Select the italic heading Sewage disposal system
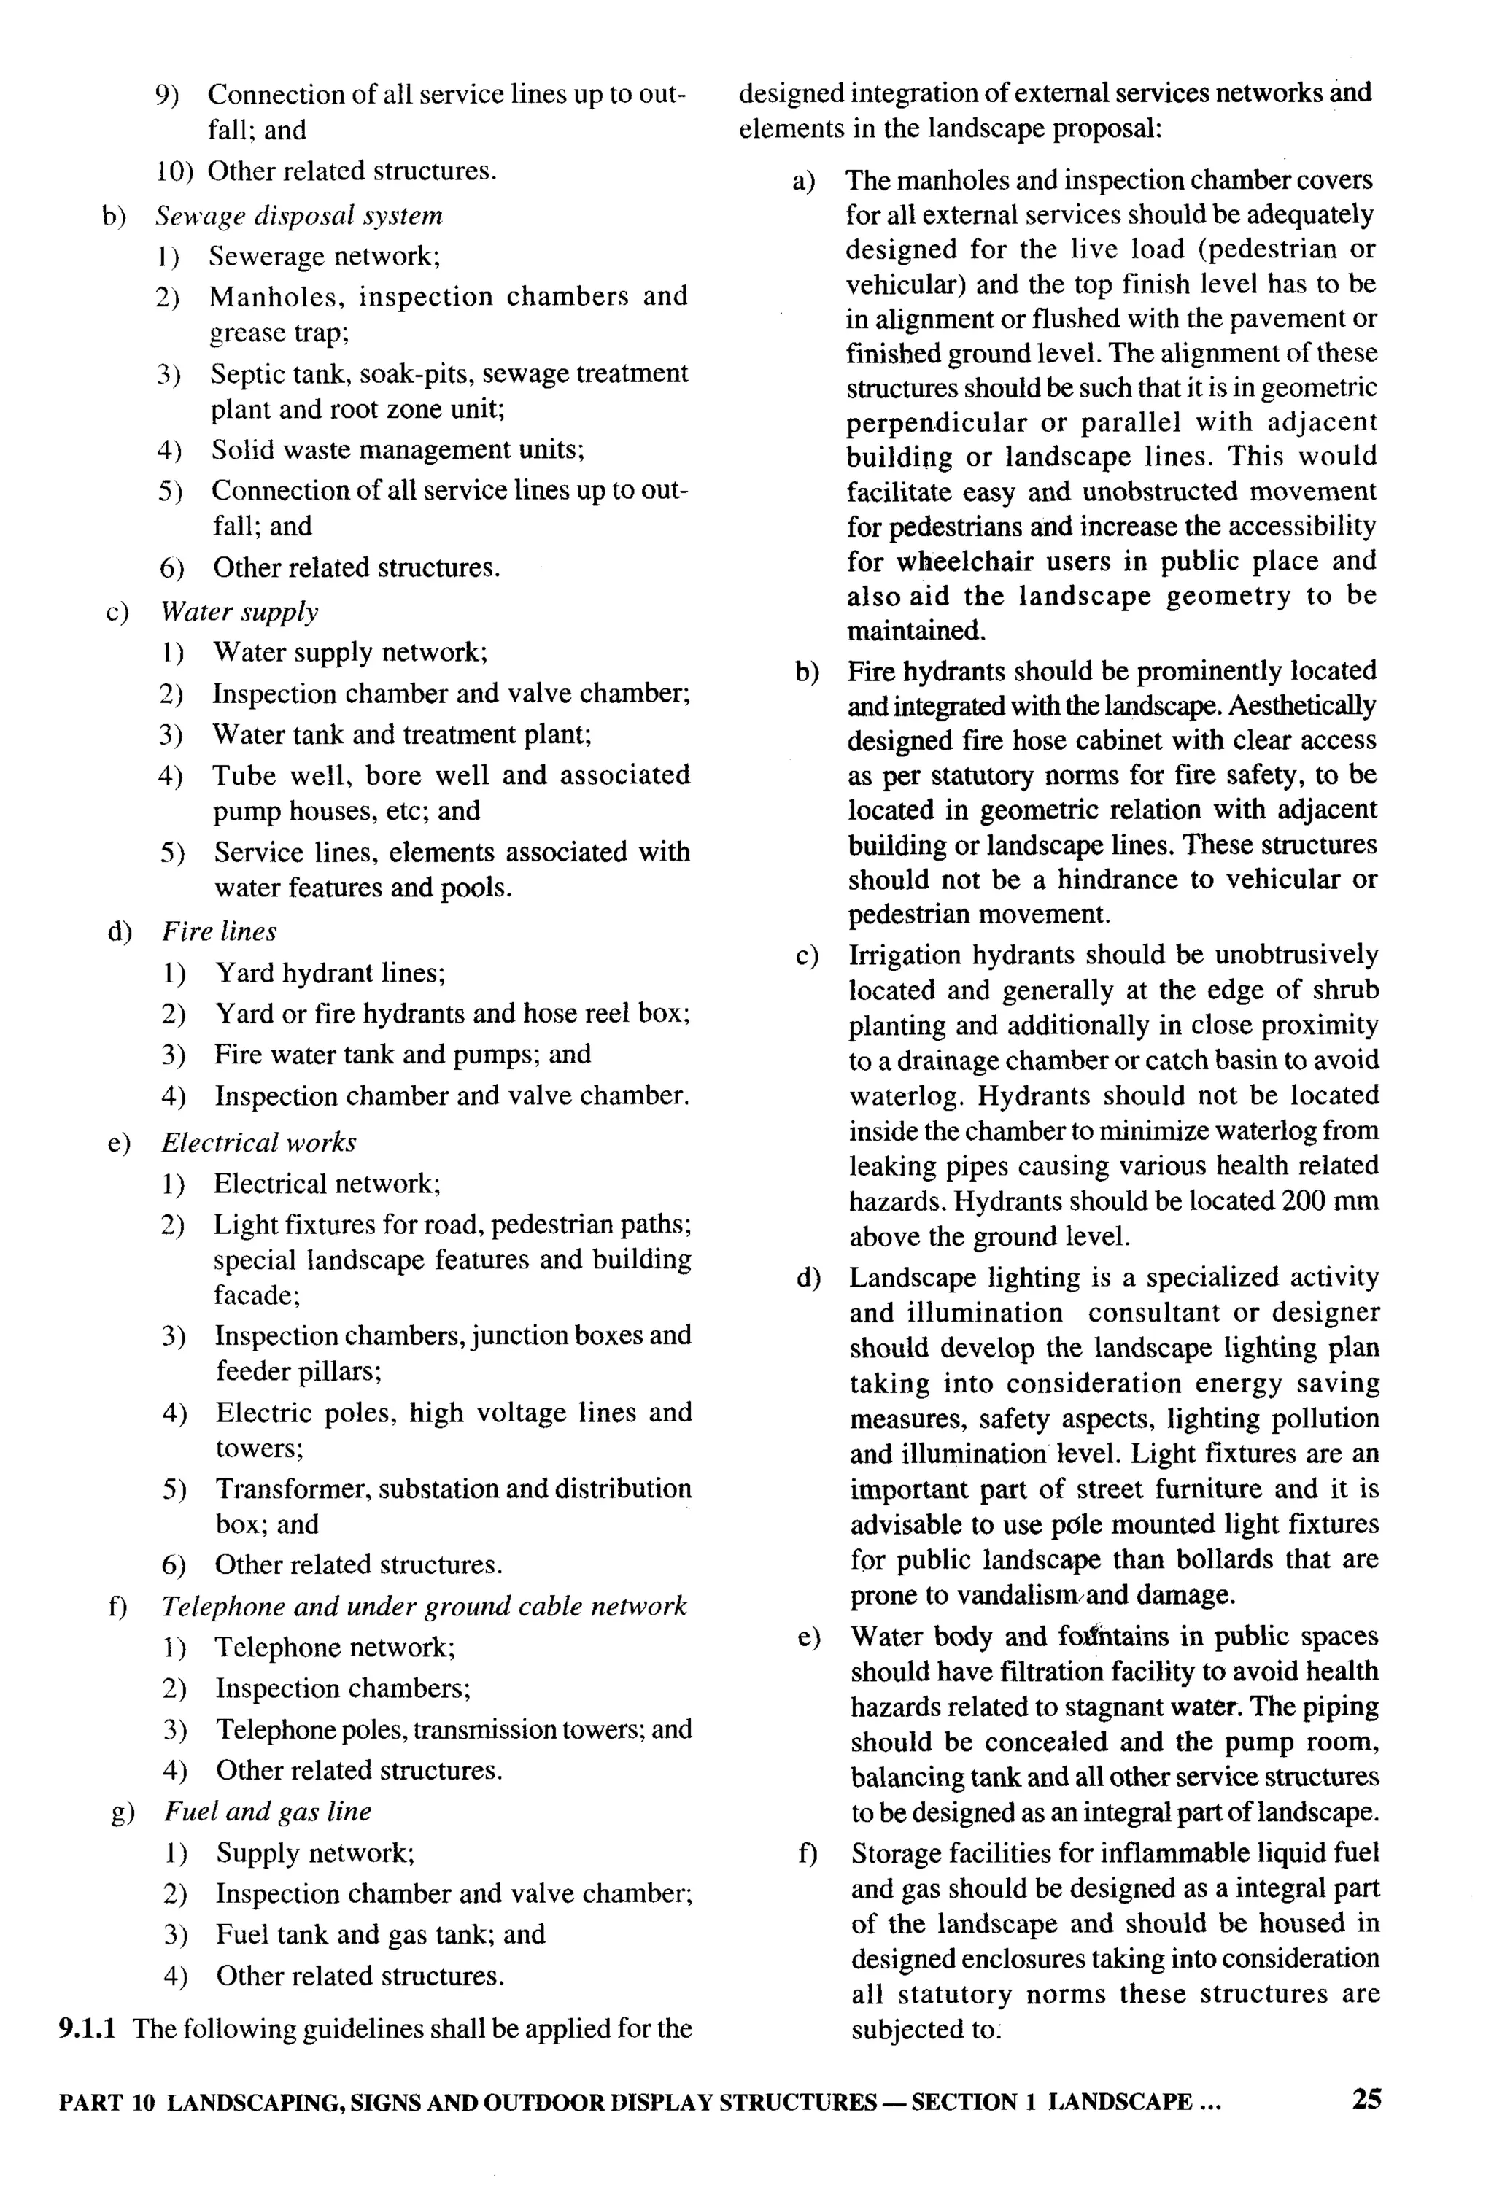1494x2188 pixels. (298, 216)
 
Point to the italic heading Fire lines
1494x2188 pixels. (220, 931)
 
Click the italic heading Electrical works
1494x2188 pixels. (259, 1142)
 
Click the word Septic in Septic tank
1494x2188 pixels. (239, 373)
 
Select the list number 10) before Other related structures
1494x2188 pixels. (175, 171)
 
